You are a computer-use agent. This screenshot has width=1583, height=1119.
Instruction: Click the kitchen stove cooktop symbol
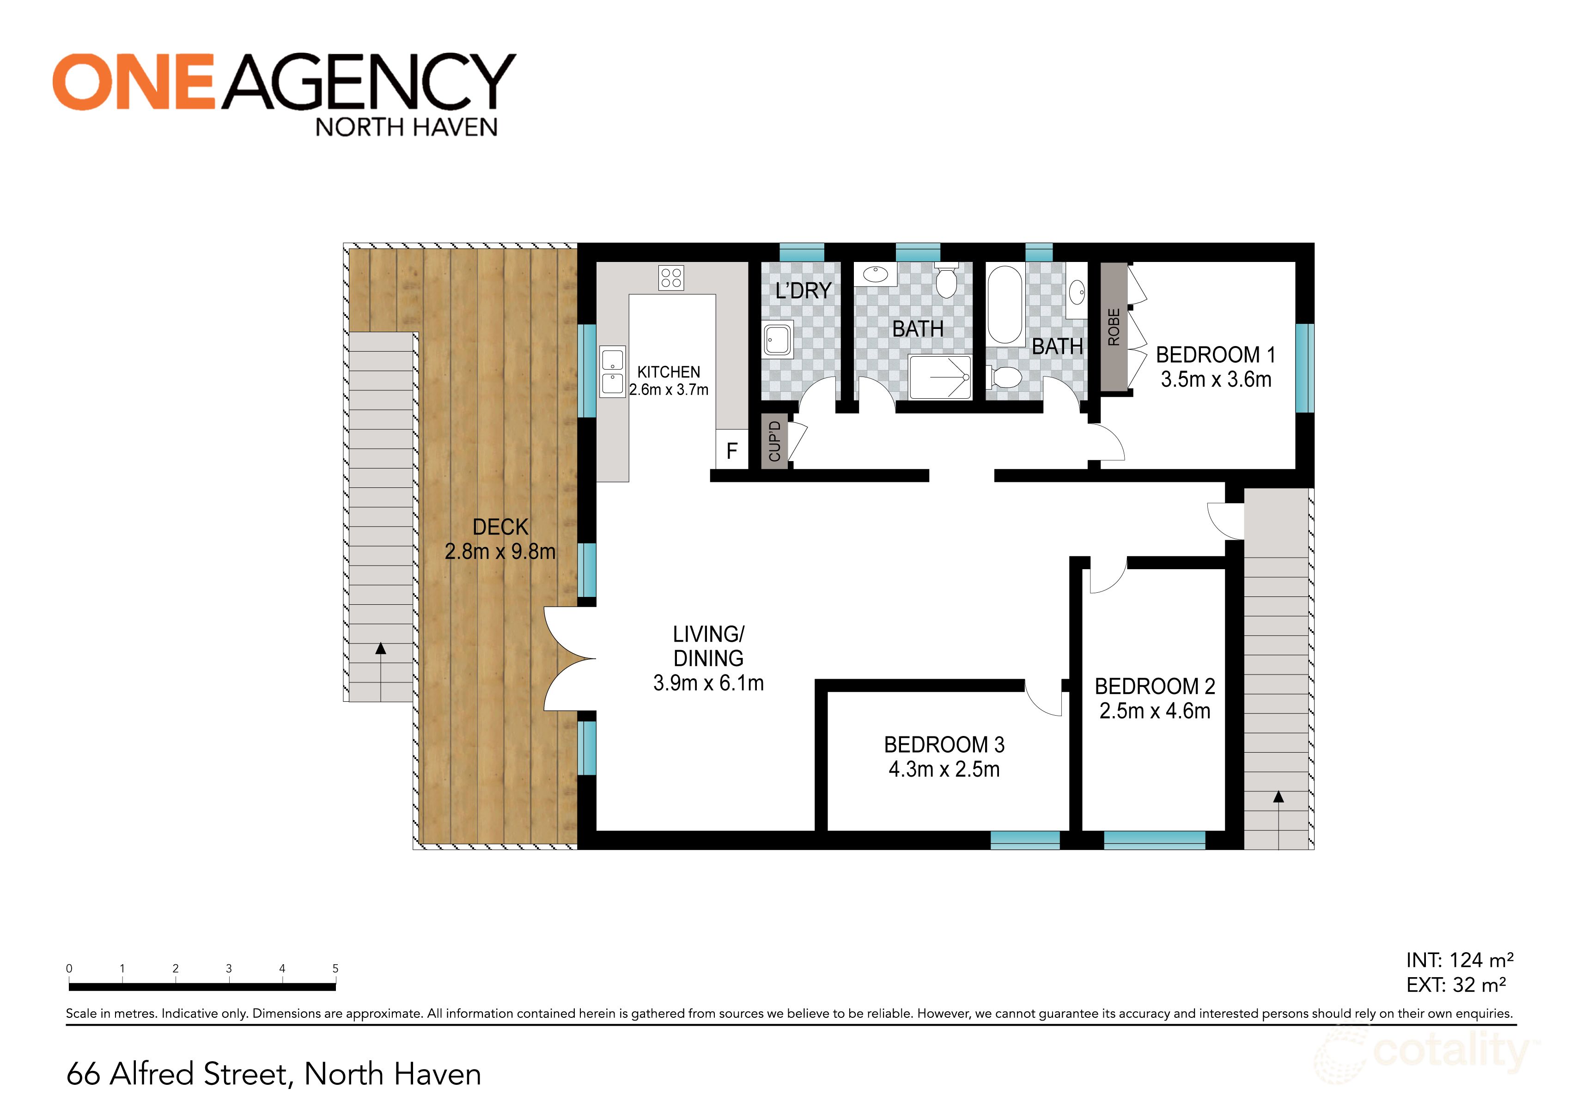pyautogui.click(x=671, y=278)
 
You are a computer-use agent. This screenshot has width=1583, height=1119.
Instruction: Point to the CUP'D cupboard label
pyautogui.click(x=775, y=441)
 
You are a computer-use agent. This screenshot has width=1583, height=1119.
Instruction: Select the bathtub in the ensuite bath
pyautogui.click(x=1005, y=305)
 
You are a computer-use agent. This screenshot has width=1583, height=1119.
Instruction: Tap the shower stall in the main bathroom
pyautogui.click(x=940, y=377)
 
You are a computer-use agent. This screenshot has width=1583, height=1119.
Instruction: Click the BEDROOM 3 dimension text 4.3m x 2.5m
pyautogui.click(x=944, y=769)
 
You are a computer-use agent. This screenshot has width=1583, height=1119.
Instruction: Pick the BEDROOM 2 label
pyautogui.click(x=1155, y=686)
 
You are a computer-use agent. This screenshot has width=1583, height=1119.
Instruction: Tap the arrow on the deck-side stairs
pyautogui.click(x=381, y=649)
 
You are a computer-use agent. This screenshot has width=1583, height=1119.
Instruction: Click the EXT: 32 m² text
pyautogui.click(x=1456, y=985)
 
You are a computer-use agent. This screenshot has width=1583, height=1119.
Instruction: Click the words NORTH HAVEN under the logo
pyautogui.click(x=406, y=128)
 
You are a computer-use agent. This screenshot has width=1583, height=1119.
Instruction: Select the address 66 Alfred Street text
pyautogui.click(x=274, y=1074)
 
